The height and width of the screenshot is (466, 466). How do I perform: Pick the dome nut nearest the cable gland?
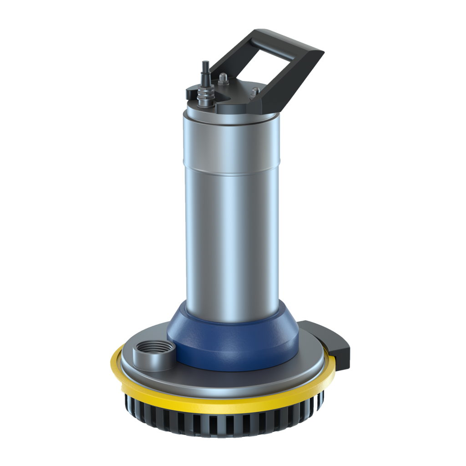click(x=223, y=79)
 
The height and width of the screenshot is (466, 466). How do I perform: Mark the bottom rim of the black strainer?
click(x=228, y=436)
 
